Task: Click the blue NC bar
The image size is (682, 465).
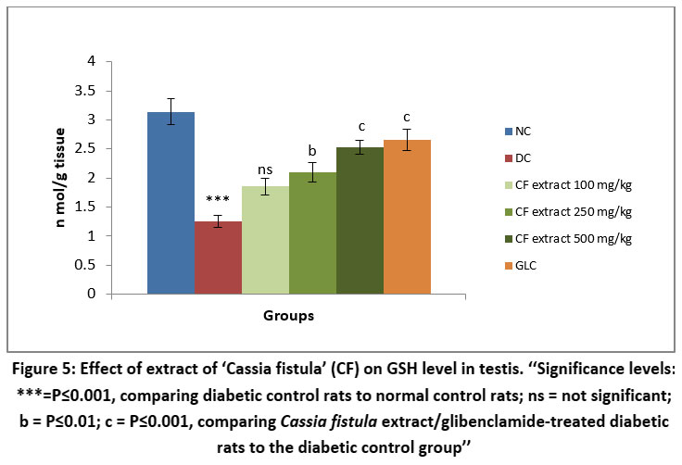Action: [170, 204]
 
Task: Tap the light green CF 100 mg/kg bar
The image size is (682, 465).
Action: [265, 241]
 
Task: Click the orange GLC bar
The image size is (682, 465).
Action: [407, 218]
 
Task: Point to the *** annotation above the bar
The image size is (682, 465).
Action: [218, 200]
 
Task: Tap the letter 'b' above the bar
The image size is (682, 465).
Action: [312, 151]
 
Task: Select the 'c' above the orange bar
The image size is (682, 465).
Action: [407, 118]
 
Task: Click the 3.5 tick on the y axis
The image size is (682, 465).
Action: [110, 91]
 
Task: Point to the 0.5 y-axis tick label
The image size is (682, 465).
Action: [110, 265]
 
